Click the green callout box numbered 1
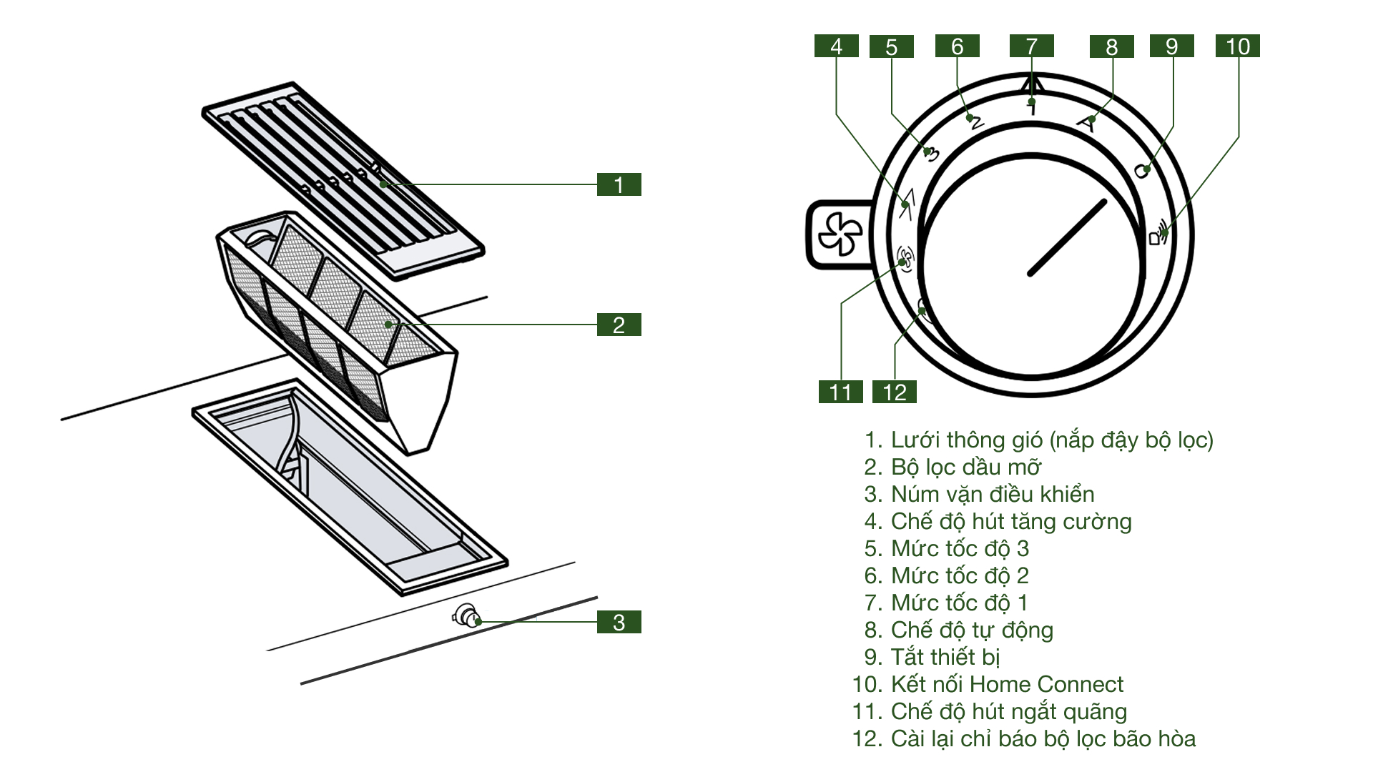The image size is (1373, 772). coord(619,184)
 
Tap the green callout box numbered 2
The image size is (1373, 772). coord(619,325)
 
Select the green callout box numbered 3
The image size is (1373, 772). coord(619,622)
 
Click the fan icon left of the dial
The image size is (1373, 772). coord(841,234)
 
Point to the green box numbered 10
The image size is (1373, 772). coord(1237,46)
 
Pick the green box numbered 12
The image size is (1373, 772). coord(894,392)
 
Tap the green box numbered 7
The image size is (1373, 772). coord(1031,46)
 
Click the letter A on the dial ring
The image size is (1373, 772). coord(1086,124)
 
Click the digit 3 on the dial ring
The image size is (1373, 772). coord(931,154)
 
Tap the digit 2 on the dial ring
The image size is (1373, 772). coord(975,122)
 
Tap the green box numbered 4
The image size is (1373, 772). coord(836,46)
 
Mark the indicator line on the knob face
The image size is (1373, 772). coord(1067,237)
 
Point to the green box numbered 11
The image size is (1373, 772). coord(840,392)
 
